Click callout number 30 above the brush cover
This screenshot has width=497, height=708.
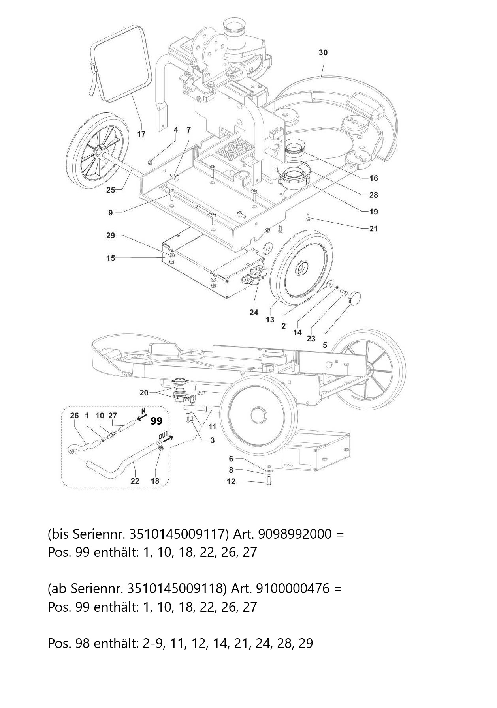pos(323,52)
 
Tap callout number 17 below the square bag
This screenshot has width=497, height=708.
pos(141,134)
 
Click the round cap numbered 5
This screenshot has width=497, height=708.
pos(356,296)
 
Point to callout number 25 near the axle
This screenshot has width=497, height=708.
pos(111,190)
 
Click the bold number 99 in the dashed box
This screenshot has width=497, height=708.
pos(156,421)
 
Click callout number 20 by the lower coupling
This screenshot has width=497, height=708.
pos(144,393)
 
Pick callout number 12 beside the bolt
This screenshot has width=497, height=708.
pos(231,481)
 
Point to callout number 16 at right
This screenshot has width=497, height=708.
pos(373,178)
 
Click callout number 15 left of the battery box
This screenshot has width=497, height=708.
pos(111,258)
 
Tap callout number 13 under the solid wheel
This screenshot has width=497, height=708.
pos(270,319)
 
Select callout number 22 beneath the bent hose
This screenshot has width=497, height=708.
pos(135,481)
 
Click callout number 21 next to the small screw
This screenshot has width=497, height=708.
pos(373,229)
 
